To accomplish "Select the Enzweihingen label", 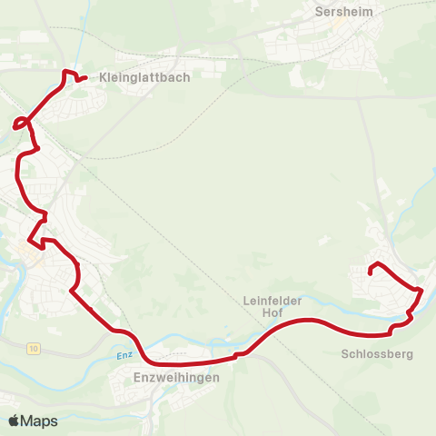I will coord(176,377).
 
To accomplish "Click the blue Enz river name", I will coord(124,355).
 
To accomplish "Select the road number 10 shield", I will coord(33,348).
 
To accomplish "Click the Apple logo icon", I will coord(14,421).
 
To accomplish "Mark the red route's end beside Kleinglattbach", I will coord(84,78).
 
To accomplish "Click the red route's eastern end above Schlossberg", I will coord(370,270).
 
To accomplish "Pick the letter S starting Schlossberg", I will coord(346,354).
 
